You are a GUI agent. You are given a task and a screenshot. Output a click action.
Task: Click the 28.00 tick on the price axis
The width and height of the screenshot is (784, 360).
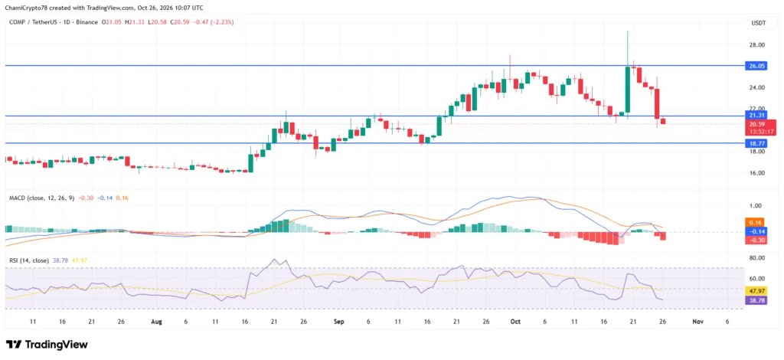(757, 44)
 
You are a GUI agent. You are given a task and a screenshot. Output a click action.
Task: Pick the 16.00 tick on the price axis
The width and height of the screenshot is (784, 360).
(757, 173)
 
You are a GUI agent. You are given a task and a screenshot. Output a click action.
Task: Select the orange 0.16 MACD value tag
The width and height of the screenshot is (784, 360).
(754, 222)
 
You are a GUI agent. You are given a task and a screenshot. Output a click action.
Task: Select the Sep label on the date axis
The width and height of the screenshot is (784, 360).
(339, 322)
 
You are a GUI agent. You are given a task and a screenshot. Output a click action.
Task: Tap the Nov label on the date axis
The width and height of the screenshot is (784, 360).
(698, 322)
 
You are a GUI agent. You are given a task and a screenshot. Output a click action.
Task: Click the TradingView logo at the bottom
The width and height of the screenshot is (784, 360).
(47, 345)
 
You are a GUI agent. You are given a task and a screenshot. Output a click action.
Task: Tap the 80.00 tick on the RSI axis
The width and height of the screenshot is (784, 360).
(757, 258)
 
